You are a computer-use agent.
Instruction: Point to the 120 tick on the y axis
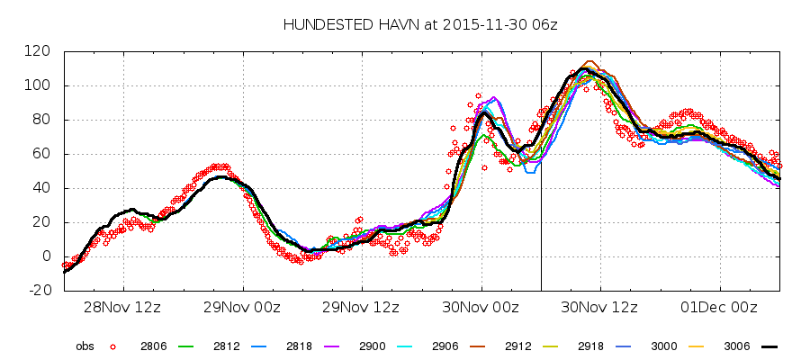[x=39, y=51]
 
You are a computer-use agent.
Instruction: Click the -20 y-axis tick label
[x=39, y=291]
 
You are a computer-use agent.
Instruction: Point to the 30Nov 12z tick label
[x=600, y=307]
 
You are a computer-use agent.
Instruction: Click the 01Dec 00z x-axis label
[x=719, y=307]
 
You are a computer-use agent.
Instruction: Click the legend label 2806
[x=152, y=346]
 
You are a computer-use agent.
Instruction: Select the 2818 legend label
[x=298, y=346]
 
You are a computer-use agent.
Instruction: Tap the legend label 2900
[x=372, y=346]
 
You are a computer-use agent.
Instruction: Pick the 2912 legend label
[x=517, y=346]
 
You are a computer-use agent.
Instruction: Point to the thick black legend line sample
[x=768, y=346]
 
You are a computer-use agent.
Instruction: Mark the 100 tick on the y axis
[x=39, y=85]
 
